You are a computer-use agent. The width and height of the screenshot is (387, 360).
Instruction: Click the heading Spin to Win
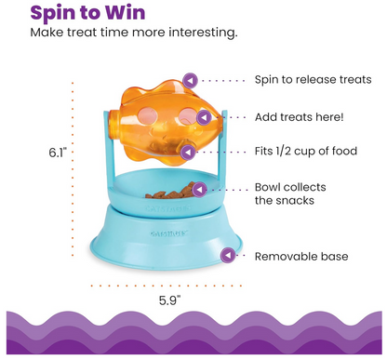[85, 12]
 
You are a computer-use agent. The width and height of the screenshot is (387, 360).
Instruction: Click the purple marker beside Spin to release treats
[190, 81]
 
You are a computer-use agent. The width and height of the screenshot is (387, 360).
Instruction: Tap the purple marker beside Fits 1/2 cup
[190, 152]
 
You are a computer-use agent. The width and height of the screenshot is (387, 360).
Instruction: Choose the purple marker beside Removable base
[226, 254]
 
